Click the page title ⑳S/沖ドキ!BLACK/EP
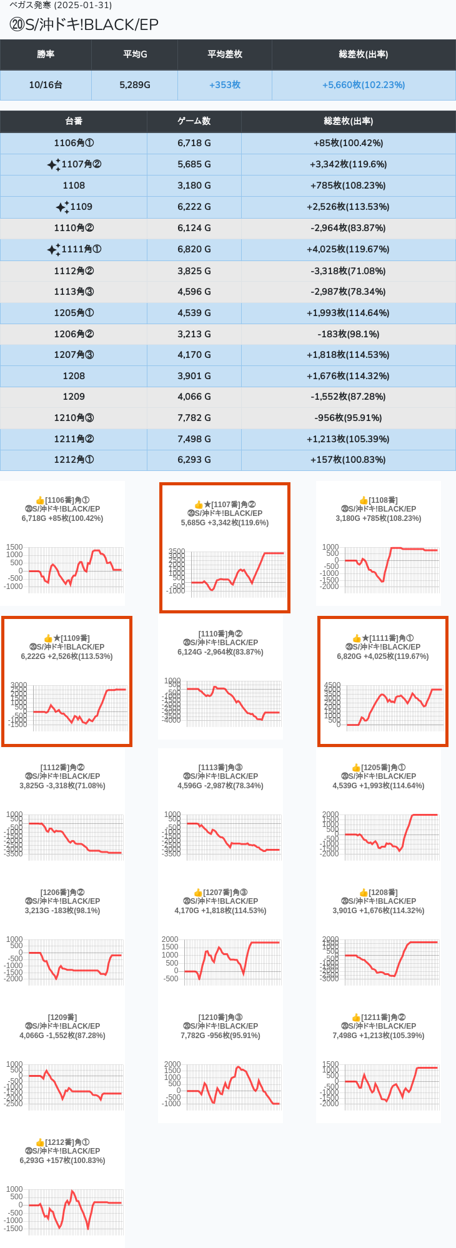tap(84, 24)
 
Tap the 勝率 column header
tap(46, 54)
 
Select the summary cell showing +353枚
tap(225, 85)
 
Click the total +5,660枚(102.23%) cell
tap(364, 85)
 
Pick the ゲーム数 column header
tap(194, 121)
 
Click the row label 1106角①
tap(74, 143)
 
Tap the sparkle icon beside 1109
tap(62, 207)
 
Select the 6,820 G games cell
tap(194, 249)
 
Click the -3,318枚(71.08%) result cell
tap(348, 271)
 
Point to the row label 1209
tap(74, 397)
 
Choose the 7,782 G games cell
tap(194, 418)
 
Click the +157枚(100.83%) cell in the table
tap(348, 460)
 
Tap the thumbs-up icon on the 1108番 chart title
tap(364, 500)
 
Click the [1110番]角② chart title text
tap(221, 634)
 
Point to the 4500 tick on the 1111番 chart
tap(332, 685)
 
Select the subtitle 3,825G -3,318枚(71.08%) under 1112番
tap(62, 786)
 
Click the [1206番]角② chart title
tap(62, 893)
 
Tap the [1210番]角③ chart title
tap(221, 1018)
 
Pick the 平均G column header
tap(135, 54)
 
